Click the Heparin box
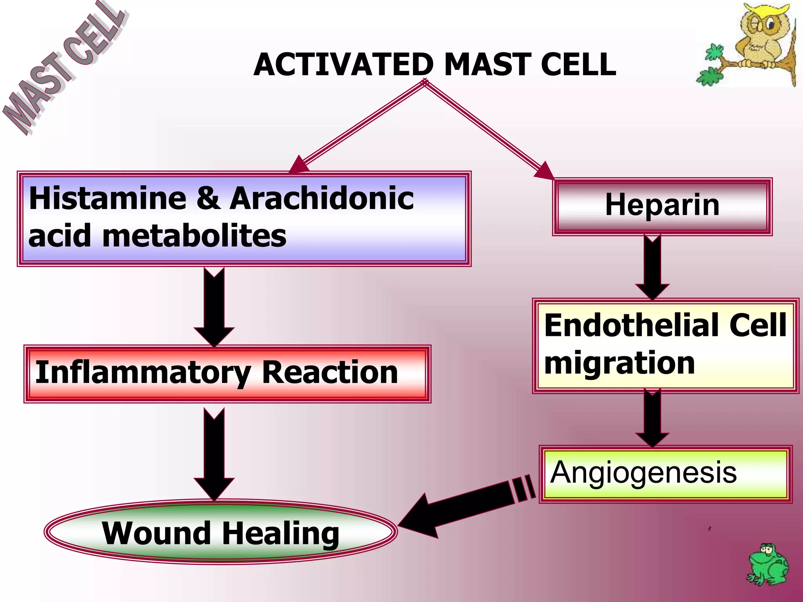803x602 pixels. point(662,206)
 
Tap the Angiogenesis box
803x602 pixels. point(665,474)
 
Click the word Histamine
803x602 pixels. point(107,199)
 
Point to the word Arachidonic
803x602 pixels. point(322,199)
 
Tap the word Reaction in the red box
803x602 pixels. point(330,372)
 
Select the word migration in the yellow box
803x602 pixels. point(620,364)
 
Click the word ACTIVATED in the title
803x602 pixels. point(343,65)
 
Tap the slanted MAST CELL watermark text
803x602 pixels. point(63,69)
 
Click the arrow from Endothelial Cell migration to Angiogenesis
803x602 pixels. point(652,418)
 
